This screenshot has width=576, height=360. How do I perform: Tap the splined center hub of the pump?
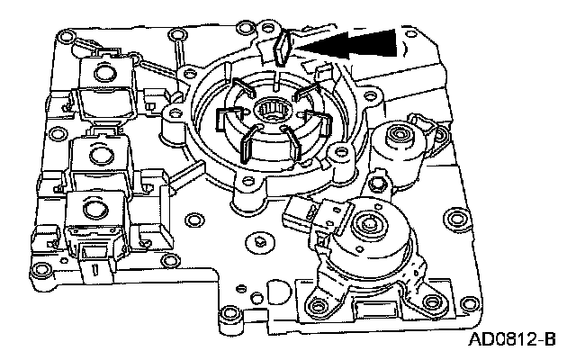click(270, 117)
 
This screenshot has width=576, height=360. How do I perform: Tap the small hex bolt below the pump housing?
click(258, 241)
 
